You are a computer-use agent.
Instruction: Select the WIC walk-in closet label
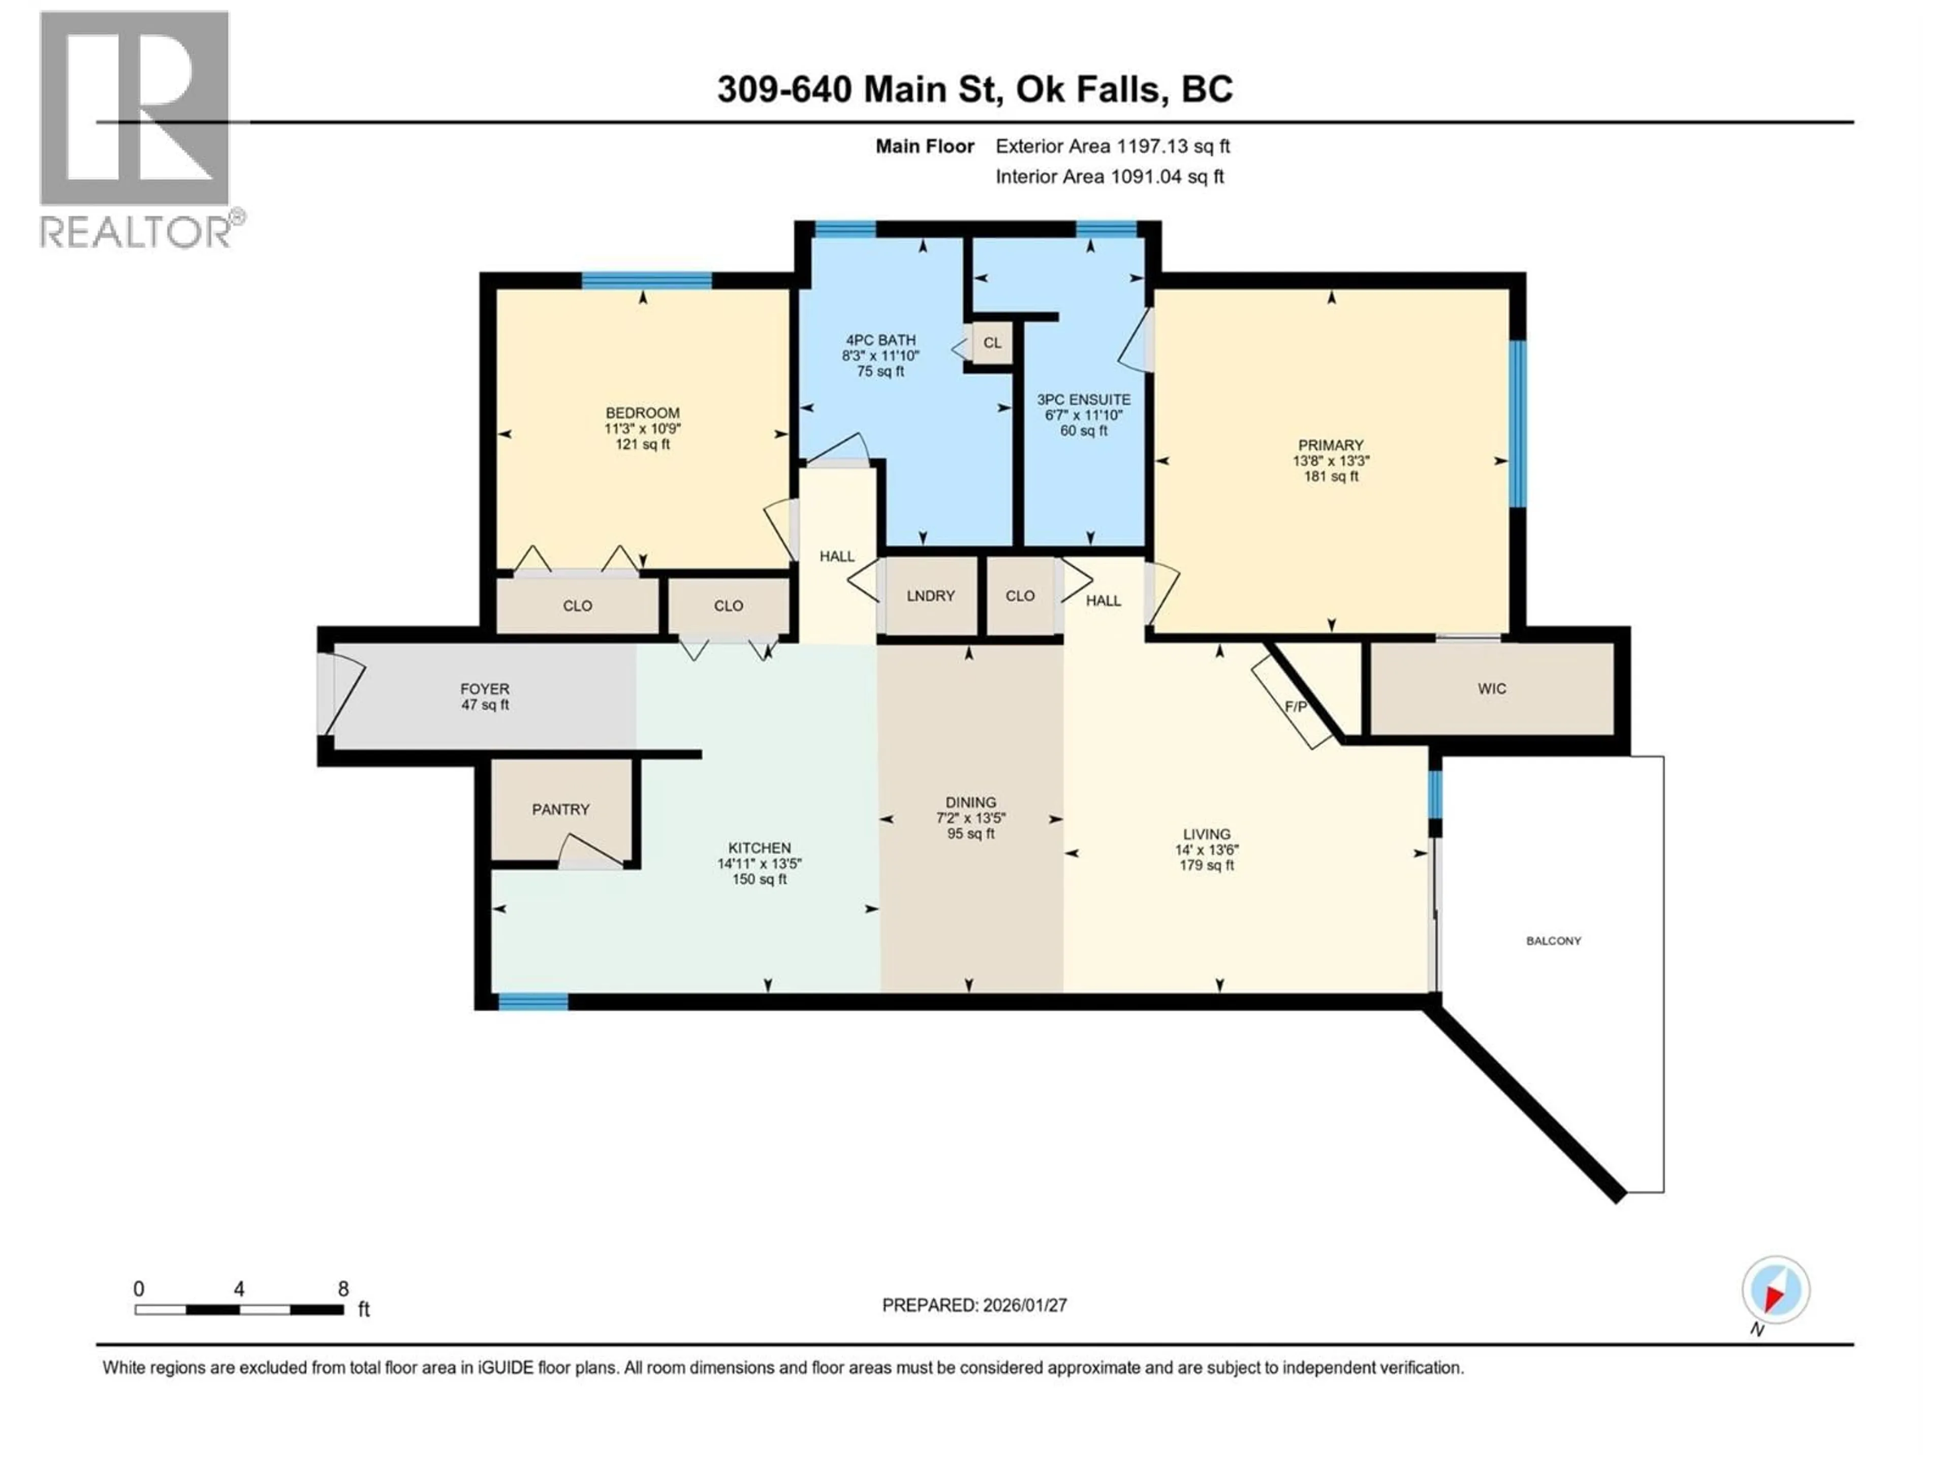click(1492, 689)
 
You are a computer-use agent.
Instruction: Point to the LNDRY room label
click(930, 596)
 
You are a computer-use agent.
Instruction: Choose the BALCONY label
click(1553, 941)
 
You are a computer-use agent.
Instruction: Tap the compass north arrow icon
click(1776, 1290)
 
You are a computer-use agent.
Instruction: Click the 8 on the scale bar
click(343, 1289)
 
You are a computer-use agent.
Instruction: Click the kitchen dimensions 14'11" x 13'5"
click(760, 864)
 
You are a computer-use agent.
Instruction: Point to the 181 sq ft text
click(1331, 476)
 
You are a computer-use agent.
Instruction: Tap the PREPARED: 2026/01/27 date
click(974, 1305)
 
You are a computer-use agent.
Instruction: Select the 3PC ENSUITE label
click(1083, 399)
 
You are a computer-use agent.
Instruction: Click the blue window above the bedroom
click(646, 280)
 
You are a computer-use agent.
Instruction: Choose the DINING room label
click(970, 803)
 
